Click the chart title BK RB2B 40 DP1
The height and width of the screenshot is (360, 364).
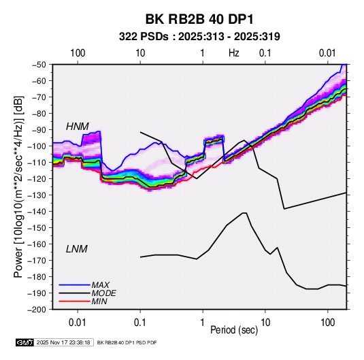click(199, 19)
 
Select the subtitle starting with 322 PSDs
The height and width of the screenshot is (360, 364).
click(199, 37)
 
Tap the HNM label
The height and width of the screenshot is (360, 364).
click(78, 127)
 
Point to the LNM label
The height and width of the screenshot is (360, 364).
click(77, 249)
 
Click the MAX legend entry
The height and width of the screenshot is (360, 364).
click(100, 285)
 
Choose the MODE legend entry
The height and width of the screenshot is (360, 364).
click(103, 293)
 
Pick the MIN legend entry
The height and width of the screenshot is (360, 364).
click(99, 301)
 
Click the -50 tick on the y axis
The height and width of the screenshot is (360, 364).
click(39, 65)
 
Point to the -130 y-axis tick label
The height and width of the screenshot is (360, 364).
click(37, 195)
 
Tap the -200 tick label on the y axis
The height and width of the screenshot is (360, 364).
click(37, 310)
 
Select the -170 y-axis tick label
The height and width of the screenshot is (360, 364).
click(37, 261)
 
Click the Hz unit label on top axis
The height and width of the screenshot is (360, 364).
click(234, 53)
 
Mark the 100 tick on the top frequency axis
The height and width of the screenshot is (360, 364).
click(78, 53)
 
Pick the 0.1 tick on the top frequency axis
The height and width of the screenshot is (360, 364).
click(265, 53)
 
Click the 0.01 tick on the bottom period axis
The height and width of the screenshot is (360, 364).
click(78, 323)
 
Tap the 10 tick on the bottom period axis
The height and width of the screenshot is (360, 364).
click(265, 323)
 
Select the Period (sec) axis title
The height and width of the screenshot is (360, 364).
click(234, 330)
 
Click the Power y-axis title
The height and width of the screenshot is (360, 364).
click(18, 186)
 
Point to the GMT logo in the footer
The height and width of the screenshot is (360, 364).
click(25, 342)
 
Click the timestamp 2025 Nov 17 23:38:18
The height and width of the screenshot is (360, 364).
click(63, 342)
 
